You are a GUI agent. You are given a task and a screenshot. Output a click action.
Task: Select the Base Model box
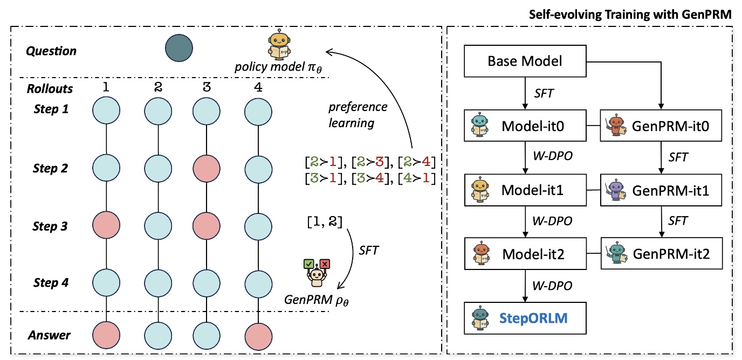point(525,61)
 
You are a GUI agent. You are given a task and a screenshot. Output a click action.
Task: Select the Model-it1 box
point(525,190)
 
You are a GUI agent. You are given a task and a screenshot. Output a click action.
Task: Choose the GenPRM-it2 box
point(661,255)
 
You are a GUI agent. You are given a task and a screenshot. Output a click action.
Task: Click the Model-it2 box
point(525,255)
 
